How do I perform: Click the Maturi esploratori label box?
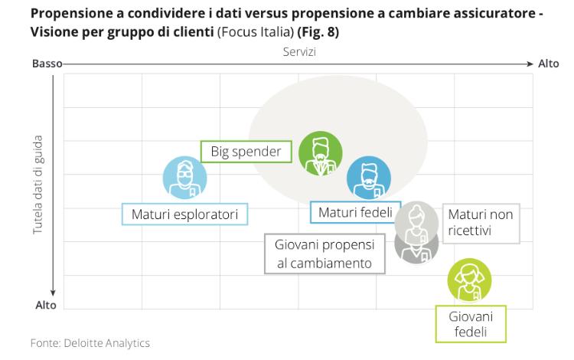tap(184, 214)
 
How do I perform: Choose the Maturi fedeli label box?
tap(355, 212)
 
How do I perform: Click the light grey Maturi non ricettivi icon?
tap(417, 221)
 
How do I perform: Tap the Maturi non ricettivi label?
tap(480, 222)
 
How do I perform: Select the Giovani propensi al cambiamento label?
tap(324, 254)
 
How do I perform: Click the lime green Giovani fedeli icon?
tap(469, 281)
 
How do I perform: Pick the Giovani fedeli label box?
tap(471, 324)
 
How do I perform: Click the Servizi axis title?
tap(298, 51)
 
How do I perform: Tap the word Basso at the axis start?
tap(46, 64)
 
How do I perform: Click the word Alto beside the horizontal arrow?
tap(549, 64)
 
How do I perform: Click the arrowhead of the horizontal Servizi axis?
tap(529, 64)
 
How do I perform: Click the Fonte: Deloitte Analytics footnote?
tap(90, 344)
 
